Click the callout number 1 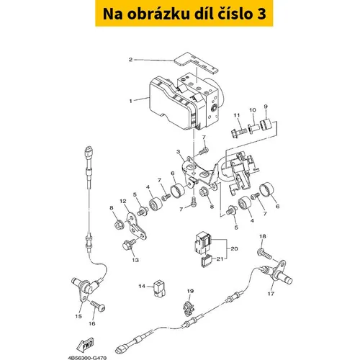[130, 101]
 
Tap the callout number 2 [130, 59]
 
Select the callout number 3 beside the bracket [178, 152]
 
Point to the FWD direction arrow [86, 345]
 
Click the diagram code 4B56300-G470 [87, 358]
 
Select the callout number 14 [142, 286]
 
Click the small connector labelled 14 [159, 287]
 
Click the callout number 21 [220, 258]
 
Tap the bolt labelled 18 [265, 254]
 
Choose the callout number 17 [271, 294]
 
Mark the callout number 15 [78, 316]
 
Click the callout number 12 [123, 201]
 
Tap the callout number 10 [253, 110]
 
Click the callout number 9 [266, 107]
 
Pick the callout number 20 [234, 248]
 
